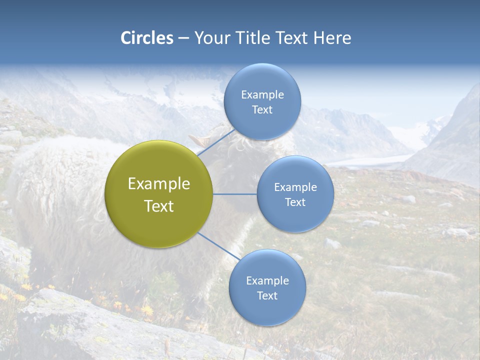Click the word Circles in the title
[146, 37]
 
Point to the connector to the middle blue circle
[235, 194]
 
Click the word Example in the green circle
[158, 184]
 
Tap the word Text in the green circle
[158, 206]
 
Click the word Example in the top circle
[262, 94]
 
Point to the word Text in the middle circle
[295, 202]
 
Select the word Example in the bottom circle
[267, 280]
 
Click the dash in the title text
[183, 38]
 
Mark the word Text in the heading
[292, 37]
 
